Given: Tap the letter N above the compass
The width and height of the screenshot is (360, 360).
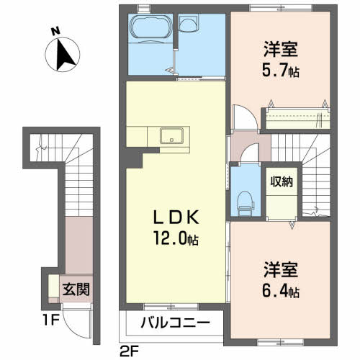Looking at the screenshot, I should tap(55, 31).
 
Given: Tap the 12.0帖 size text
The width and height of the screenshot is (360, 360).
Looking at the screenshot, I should tap(177, 238).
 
